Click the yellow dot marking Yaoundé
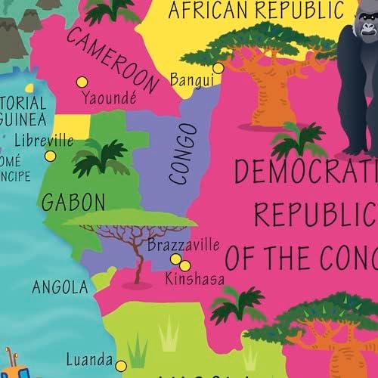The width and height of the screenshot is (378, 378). [82, 82]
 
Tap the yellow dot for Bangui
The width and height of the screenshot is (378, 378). [218, 68]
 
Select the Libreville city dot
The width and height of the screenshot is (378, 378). [50, 156]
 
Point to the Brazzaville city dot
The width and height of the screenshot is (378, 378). [175, 259]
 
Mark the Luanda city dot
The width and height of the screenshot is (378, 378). [119, 362]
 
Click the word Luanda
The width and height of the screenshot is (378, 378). [88, 360]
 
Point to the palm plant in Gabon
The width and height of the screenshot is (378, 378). [101, 156]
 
